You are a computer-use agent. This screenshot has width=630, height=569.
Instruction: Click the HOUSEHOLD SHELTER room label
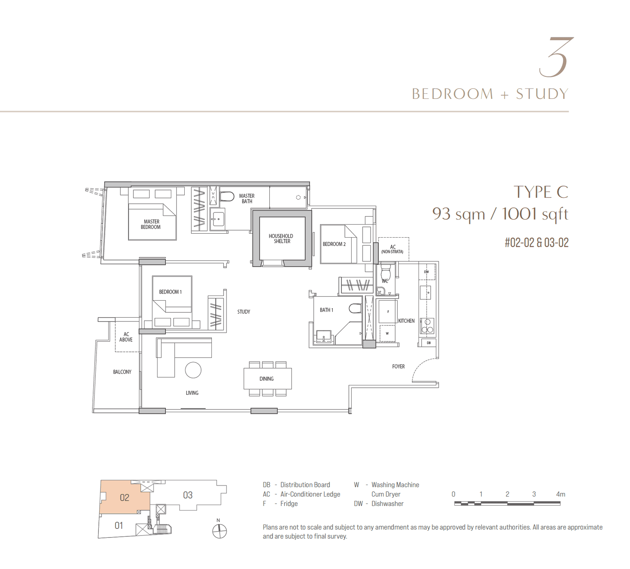tap(281, 238)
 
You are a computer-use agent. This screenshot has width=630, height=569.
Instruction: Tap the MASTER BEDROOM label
tap(151, 224)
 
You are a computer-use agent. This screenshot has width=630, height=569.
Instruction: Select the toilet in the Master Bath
tap(227, 196)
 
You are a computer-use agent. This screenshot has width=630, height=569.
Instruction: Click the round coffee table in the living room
tap(193, 370)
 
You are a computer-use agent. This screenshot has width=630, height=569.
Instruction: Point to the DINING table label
tap(267, 379)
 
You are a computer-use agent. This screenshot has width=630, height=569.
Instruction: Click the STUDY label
tap(244, 312)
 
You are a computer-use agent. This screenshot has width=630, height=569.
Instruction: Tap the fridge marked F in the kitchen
tap(388, 311)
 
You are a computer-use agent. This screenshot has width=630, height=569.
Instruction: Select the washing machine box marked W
tap(387, 333)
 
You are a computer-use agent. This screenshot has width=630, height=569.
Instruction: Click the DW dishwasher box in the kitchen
tap(427, 271)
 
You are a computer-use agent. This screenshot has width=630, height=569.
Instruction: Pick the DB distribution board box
tap(428, 343)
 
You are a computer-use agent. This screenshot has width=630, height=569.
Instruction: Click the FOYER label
tap(398, 366)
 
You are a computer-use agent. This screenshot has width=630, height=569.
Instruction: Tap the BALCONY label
tap(122, 372)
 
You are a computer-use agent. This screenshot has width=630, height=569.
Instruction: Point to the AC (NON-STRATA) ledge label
tap(393, 249)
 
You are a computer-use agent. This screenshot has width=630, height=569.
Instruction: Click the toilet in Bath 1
tap(355, 308)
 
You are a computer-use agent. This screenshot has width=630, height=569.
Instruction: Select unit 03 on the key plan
tap(188, 495)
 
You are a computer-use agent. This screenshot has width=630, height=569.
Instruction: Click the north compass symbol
tap(219, 531)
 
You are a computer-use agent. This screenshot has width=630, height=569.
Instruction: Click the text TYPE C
tap(541, 192)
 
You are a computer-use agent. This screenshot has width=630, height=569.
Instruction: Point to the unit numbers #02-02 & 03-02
tap(537, 242)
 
